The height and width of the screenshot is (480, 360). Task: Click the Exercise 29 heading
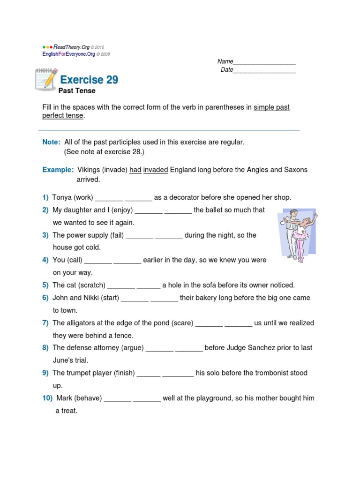[89, 80]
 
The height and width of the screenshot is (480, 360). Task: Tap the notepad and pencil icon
[46, 79]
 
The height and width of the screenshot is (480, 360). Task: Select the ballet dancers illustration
[298, 234]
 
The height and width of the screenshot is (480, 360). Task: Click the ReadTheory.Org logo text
[72, 47]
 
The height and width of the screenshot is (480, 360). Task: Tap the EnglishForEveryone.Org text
[69, 54]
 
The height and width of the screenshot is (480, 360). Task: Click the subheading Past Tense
[76, 90]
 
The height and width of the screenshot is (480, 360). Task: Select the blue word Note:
[51, 142]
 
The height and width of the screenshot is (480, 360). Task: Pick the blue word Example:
[58, 170]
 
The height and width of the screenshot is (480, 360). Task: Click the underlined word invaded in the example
[156, 170]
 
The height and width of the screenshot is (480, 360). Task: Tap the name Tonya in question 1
[62, 197]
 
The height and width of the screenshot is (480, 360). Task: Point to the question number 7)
[45, 323]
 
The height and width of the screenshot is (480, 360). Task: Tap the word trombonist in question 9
[272, 373]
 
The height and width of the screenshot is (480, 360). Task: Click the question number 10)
[47, 398]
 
